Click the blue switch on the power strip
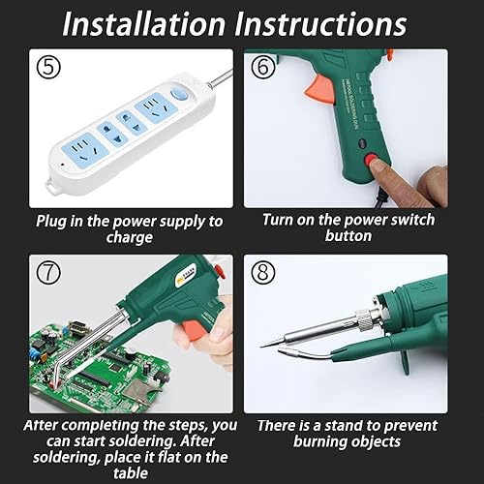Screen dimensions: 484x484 click(176, 95)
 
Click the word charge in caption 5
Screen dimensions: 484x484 click(129, 238)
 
